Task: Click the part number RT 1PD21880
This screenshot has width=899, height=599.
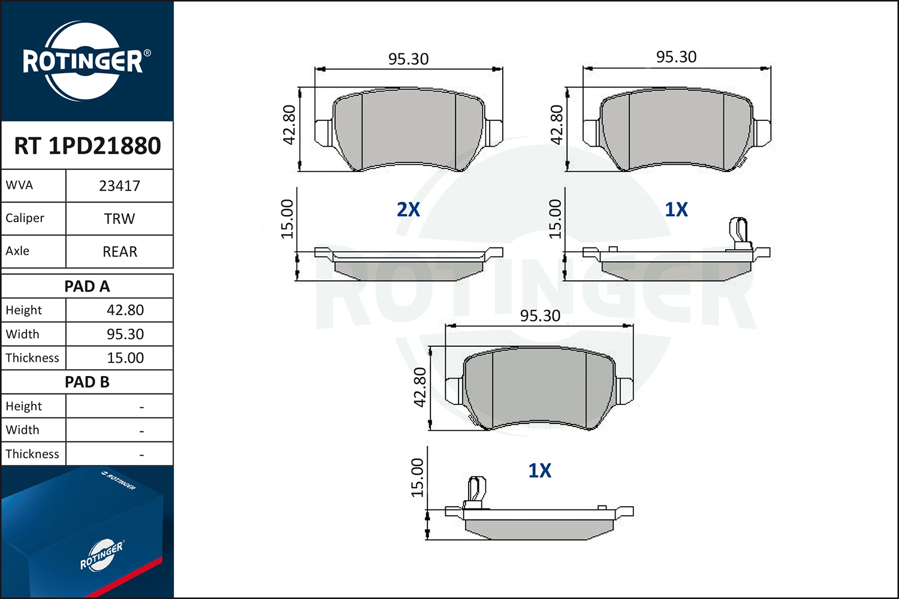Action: click(x=88, y=146)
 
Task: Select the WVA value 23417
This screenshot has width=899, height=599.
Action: click(x=120, y=186)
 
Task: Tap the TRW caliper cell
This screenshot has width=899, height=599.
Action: click(x=120, y=219)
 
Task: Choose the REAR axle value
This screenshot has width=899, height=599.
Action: click(x=120, y=252)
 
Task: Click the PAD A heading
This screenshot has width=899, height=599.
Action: click(x=87, y=286)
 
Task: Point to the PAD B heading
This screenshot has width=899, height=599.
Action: click(x=87, y=382)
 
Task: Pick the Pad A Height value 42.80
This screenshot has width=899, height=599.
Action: click(x=125, y=310)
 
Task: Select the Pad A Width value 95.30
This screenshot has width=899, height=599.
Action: click(x=125, y=334)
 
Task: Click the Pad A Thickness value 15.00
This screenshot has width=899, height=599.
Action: click(x=125, y=358)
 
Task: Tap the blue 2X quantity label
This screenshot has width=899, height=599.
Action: click(x=408, y=210)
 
